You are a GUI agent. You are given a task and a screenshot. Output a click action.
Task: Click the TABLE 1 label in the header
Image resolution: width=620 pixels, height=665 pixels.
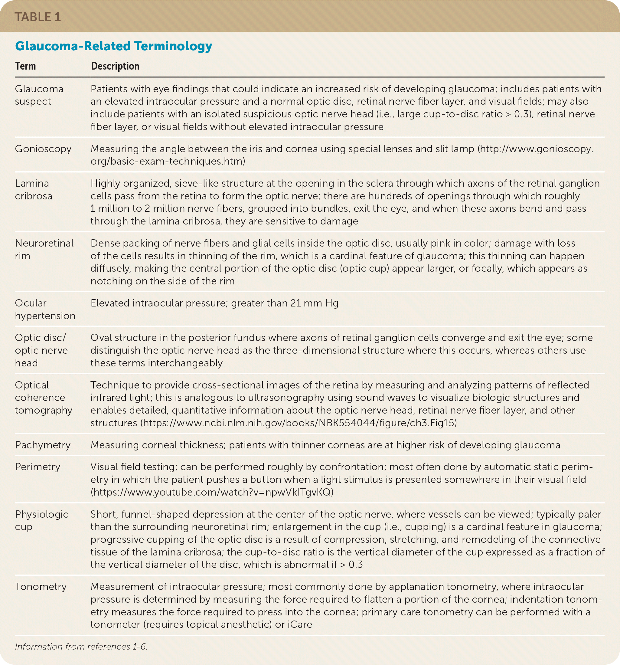coord(38,17)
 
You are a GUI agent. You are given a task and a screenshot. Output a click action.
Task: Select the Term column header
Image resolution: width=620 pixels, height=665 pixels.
coord(25,66)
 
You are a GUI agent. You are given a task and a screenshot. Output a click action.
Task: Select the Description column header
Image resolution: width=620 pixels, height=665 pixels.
coord(115,66)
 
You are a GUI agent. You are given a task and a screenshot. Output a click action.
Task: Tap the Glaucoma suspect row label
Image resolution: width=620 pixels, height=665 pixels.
coord(39,95)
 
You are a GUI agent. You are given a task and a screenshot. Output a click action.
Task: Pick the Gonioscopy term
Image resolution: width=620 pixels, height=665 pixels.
coord(43,149)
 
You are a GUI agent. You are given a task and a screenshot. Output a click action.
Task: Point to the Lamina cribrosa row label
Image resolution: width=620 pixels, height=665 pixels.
coord(34,189)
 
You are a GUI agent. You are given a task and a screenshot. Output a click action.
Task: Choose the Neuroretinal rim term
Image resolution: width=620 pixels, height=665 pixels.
coord(44,249)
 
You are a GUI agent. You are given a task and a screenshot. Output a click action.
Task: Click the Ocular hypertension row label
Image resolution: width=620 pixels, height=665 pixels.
coord(45,309)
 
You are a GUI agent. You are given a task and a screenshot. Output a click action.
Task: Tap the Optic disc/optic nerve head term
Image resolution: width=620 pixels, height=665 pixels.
coord(41,350)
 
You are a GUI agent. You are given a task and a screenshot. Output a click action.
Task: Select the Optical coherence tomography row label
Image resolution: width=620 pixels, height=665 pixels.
coord(44,397)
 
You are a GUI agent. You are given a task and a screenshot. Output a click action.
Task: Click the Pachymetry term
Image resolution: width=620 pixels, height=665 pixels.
coord(43,445)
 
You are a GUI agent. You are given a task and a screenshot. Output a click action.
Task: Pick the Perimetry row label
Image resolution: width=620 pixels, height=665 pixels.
coord(38,467)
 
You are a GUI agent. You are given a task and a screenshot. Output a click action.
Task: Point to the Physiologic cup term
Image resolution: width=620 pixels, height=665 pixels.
coord(41,520)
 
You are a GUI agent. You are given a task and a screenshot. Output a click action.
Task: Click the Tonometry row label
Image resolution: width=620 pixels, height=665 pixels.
coord(41,586)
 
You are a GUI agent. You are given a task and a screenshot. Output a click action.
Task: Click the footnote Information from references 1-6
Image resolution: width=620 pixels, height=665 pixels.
coord(81,646)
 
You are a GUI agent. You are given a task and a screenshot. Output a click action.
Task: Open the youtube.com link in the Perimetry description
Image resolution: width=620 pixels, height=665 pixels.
coord(212,492)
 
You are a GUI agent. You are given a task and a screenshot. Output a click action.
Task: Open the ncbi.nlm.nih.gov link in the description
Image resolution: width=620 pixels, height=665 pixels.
coord(299,423)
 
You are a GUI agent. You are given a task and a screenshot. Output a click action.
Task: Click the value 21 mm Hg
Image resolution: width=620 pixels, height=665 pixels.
coord(314,303)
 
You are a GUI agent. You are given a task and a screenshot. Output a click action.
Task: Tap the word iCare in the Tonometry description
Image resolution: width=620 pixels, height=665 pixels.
coord(300,624)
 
